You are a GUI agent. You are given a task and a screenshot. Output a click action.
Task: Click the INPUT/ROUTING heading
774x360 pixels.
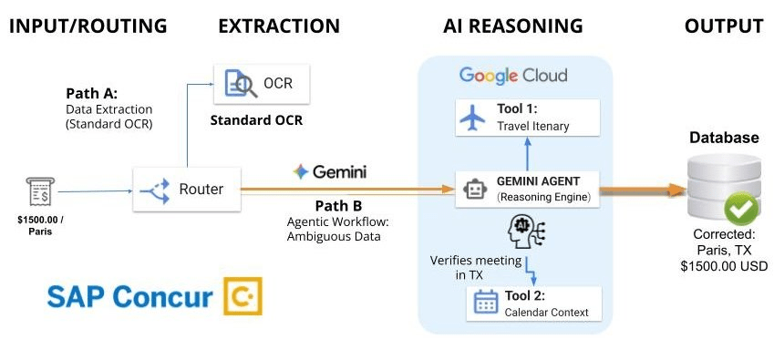(88, 26)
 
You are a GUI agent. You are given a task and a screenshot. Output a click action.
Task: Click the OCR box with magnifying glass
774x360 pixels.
(260, 84)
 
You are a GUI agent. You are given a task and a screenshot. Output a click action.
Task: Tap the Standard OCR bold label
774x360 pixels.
(256, 120)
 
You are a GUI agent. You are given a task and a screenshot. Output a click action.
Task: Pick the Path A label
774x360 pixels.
(91, 94)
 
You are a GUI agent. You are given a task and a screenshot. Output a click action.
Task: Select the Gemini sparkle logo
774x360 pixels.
(300, 171)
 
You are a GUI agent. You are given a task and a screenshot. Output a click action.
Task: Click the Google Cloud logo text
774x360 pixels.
(512, 75)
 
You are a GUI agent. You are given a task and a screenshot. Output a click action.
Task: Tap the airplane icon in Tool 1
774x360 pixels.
(472, 116)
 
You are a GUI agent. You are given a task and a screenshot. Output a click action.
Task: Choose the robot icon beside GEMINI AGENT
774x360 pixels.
(473, 189)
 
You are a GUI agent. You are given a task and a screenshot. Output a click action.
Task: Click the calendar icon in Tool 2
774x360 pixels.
(484, 303)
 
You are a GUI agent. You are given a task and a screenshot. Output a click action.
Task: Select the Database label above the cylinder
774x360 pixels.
(722, 138)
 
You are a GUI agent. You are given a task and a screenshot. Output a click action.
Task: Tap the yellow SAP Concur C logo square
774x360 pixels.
(243, 296)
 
